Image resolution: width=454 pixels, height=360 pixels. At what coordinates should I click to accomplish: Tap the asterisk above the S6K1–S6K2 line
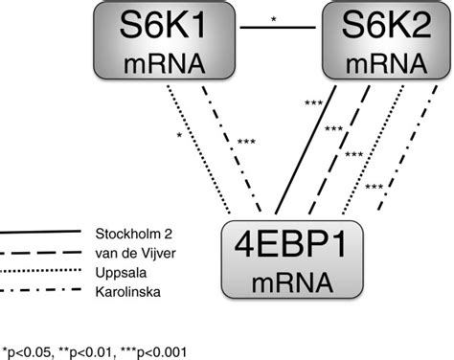277,17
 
